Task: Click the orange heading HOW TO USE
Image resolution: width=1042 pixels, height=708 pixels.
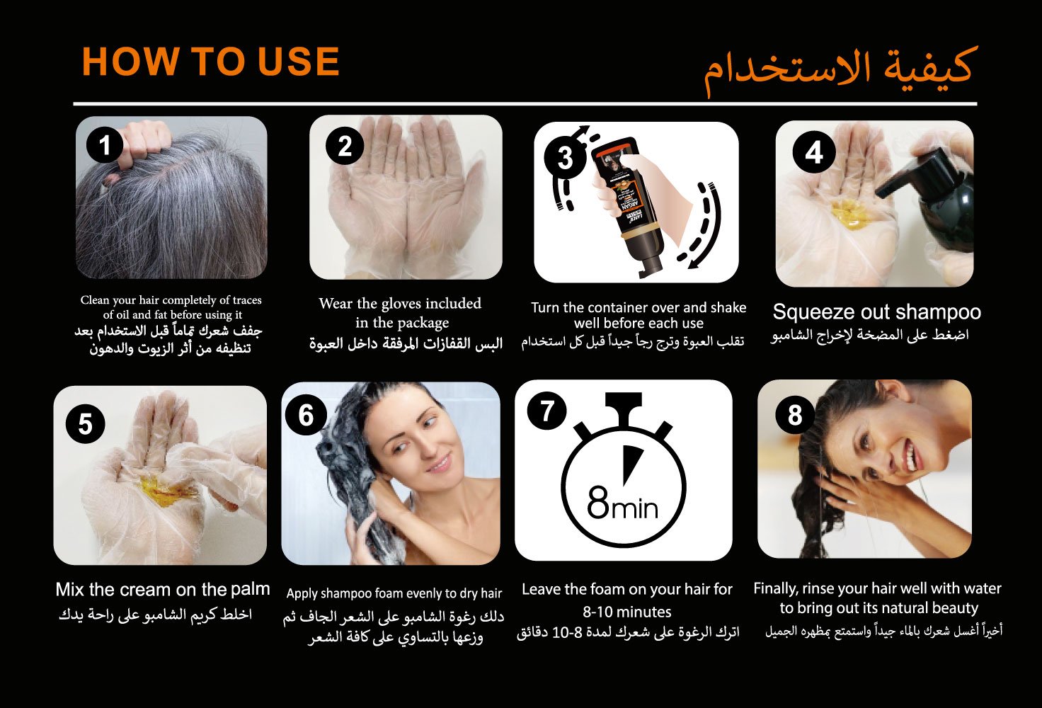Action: click(211, 61)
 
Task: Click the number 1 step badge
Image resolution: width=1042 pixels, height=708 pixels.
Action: click(105, 144)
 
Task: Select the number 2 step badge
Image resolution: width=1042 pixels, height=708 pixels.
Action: click(344, 146)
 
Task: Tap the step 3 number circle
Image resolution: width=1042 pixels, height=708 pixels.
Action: click(565, 158)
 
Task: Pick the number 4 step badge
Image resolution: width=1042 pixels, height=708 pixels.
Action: click(814, 152)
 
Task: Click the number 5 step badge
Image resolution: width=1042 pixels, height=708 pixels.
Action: click(85, 424)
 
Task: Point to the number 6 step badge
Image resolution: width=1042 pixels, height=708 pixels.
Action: click(306, 415)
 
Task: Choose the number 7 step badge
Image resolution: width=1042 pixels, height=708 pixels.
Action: click(546, 411)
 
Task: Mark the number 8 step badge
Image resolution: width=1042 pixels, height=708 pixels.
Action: click(795, 414)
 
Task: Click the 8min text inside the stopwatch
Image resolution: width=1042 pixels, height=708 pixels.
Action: click(622, 503)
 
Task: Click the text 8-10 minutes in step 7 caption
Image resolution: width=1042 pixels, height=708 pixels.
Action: click(627, 612)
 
